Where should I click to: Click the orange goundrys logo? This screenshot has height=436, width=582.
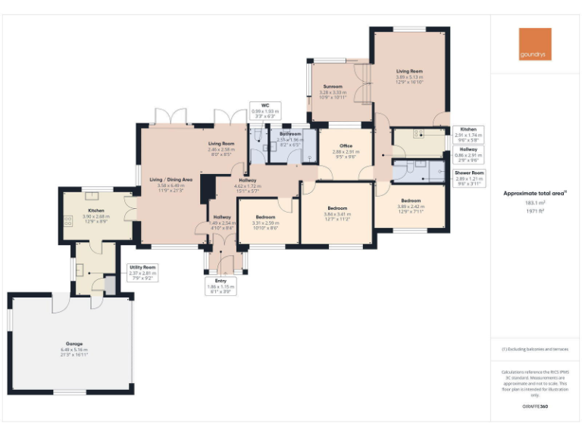point(535,44)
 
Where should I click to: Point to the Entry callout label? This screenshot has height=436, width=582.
point(221,285)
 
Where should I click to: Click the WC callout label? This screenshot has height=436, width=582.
point(265,111)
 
